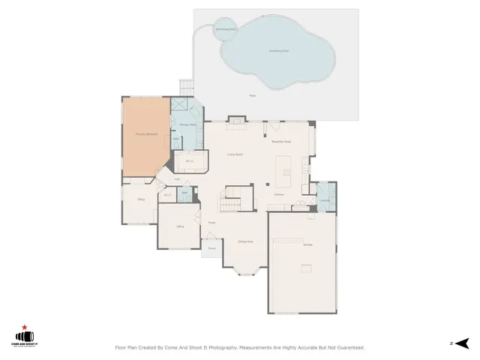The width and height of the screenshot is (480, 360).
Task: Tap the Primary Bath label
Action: [x=187, y=124]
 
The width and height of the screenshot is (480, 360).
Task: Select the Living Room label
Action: [x=235, y=154]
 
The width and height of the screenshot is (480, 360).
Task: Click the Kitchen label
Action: [x=279, y=194]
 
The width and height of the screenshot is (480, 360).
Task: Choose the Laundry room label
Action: [x=325, y=200]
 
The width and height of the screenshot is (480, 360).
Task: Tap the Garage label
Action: [x=307, y=245]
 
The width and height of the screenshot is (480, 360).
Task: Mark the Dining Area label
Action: [x=245, y=241]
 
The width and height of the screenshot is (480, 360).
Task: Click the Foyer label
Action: [x=212, y=222]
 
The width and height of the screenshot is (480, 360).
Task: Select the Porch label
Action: [x=211, y=248]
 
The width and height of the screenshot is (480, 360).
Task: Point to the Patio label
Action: [x=253, y=96]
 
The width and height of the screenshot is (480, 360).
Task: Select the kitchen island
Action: [x=285, y=169]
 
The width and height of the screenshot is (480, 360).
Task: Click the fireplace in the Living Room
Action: [x=235, y=119]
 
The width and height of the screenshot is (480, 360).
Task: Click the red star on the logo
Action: [x=25, y=328]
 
